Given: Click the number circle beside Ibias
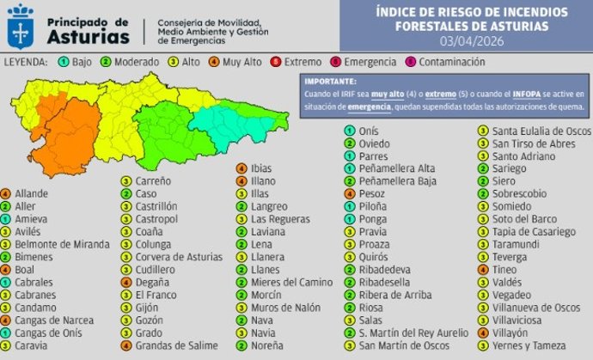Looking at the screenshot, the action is [242, 168].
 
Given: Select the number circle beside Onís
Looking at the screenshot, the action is [350, 131].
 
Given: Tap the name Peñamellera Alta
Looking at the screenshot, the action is [396, 169].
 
